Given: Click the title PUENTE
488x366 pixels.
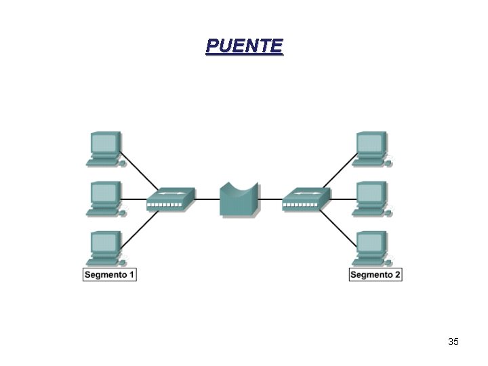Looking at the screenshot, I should (244, 46).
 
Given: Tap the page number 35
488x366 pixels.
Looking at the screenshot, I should (453, 342).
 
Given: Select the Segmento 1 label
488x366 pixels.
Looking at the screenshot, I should (110, 274).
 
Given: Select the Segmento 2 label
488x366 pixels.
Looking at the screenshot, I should (375, 274).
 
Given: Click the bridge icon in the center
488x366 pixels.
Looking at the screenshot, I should (239, 199).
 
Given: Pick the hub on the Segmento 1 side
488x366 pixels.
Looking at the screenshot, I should (171, 199).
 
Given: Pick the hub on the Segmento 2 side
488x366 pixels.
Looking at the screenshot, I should (306, 199).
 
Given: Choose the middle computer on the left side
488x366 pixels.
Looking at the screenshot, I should (105, 199).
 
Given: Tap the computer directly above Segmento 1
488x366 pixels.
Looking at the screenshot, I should (105, 248).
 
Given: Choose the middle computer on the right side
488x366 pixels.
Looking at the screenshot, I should (371, 199).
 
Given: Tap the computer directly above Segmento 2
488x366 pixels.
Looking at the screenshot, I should (371, 248).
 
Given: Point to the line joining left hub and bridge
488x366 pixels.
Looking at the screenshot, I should (207, 199).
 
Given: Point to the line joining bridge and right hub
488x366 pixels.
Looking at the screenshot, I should (271, 199).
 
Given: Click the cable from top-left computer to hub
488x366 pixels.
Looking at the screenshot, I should (141, 171).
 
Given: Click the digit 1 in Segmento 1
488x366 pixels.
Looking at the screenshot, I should (132, 274).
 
